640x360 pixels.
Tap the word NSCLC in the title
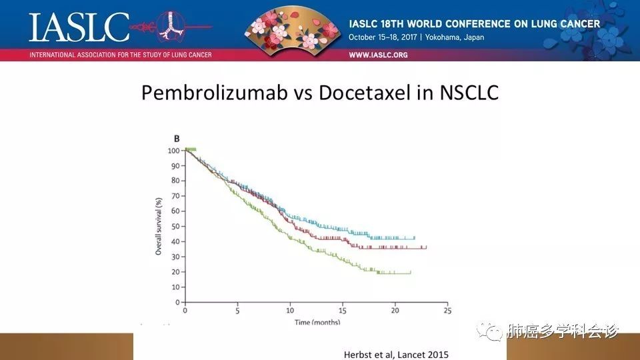pos(469,93)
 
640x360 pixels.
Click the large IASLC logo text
pos(79,27)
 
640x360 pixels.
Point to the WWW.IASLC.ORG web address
pos(378,55)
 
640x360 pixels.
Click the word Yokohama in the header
pos(443,37)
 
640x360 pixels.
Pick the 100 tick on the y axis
pos(174,151)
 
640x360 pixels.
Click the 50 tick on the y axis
pos(176,227)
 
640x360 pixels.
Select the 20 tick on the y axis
pos(176,272)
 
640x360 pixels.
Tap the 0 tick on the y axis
pos(178,302)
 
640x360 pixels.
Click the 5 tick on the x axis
pos(237,311)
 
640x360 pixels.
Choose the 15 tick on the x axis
pos(343,311)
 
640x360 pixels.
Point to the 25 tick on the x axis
pos(447,311)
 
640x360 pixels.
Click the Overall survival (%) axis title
pos(159,227)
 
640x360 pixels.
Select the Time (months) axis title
pos(317,322)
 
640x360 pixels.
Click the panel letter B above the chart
pos(177,139)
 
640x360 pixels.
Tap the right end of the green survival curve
pos(411,273)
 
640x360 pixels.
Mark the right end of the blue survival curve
pos(415,237)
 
